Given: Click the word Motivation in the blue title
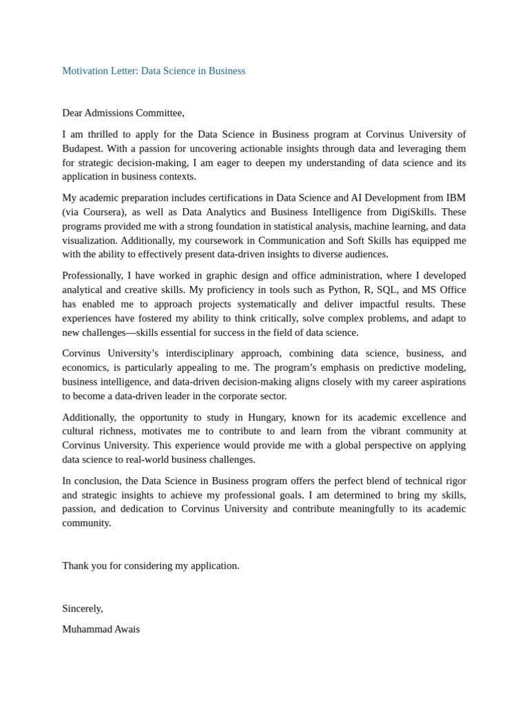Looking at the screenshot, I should pyautogui.click(x=85, y=71).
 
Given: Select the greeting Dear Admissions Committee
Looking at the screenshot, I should pyautogui.click(x=123, y=113).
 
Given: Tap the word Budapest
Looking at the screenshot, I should pyautogui.click(x=82, y=148).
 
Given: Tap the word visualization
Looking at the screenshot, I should pyautogui.click(x=90, y=241).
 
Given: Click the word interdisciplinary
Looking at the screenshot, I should pyautogui.click(x=200, y=353).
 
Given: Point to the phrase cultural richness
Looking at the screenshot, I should pyautogui.click(x=98, y=431).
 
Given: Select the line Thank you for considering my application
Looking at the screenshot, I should pyautogui.click(x=151, y=566).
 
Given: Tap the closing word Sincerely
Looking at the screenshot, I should pyautogui.click(x=82, y=609).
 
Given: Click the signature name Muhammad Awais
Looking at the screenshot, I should pyautogui.click(x=101, y=629).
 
